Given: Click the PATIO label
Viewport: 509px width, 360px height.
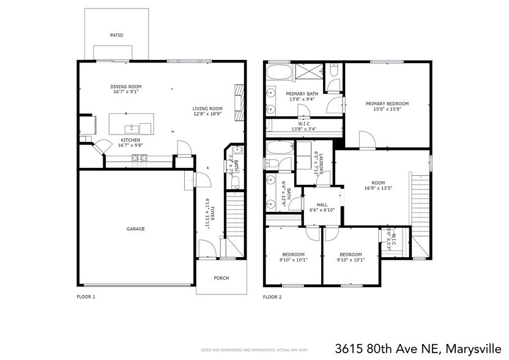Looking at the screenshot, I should (116, 36).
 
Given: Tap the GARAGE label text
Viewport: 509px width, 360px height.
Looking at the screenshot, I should (136, 229).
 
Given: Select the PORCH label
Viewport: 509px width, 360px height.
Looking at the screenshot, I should (221, 278).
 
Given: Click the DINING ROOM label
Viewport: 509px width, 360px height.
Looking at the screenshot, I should (126, 86).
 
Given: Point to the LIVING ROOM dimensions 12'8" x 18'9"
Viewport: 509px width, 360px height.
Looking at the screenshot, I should (207, 114).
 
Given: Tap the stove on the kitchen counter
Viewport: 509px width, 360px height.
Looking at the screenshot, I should (138, 159).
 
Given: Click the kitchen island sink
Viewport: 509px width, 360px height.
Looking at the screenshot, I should (130, 129).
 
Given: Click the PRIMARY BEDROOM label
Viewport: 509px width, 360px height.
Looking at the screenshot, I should (387, 103).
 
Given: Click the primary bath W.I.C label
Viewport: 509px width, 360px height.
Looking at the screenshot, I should (304, 124).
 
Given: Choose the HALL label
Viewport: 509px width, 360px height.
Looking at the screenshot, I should (322, 205).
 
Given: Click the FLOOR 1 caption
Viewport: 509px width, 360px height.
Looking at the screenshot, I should (86, 296).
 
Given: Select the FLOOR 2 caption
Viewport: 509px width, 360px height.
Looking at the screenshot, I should (272, 296).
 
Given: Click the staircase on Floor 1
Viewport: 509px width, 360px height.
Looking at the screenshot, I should (235, 214).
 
